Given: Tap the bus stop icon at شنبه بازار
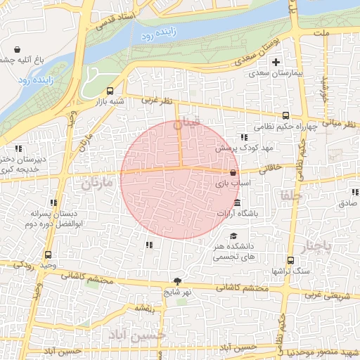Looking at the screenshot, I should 110,91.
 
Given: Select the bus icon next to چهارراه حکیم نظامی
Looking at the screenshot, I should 285,116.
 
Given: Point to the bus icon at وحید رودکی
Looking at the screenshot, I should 48,255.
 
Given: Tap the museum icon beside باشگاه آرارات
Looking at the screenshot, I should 238,202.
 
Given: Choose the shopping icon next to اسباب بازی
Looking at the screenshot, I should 233,172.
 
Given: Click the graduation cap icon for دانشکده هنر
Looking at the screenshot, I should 233,236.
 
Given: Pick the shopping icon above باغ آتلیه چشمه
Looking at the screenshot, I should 17,49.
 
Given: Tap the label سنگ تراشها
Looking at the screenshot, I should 291,271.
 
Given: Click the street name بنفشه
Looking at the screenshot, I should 145,309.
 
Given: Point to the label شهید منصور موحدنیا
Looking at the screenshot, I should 325,352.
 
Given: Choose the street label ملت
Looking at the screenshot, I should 323,34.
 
